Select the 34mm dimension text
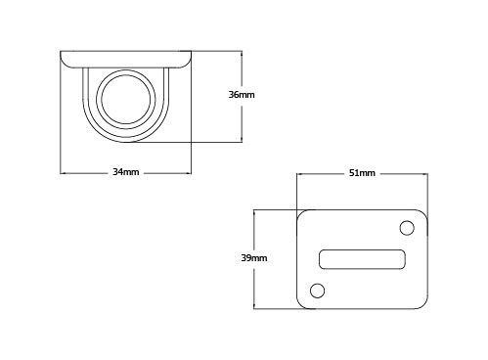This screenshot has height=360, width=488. pos(125,172)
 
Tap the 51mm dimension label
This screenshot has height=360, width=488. pos(362,173)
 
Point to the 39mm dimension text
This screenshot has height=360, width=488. pos(254,258)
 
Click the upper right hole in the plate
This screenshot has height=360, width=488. pos(408,228)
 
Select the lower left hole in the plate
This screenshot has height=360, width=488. pos(316,290)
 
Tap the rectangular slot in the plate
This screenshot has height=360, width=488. pos(362,258)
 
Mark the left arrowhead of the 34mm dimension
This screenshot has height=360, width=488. pos(64,174)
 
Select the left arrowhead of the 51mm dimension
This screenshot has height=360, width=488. pos(299,175)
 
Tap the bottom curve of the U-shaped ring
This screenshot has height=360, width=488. pos(125,139)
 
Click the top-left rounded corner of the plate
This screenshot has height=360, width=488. pos(301,214)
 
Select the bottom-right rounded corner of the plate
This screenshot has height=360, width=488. pos(424,303)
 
